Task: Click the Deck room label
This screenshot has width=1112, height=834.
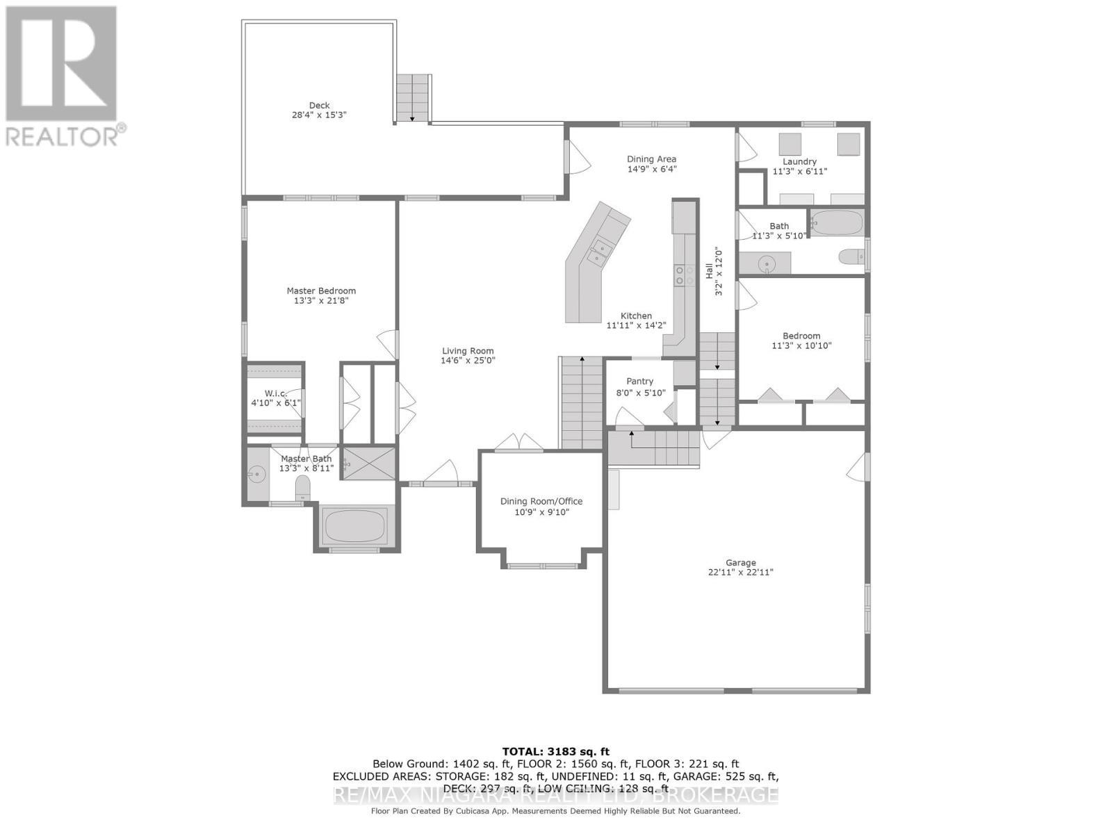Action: [319, 106]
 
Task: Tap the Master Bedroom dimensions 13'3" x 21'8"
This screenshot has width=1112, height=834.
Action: [321, 301]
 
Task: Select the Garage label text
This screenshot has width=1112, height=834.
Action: [740, 563]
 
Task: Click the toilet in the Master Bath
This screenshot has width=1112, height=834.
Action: [303, 488]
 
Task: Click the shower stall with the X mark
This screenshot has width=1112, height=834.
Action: [370, 464]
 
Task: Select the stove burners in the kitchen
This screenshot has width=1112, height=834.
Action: [685, 275]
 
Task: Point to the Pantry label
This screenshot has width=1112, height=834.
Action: [639, 381]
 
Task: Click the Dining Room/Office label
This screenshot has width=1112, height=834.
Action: [541, 501]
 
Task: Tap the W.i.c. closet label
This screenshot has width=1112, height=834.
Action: [275, 393]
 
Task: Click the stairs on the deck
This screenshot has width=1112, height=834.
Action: [414, 98]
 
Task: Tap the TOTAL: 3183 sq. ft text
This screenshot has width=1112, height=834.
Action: [555, 751]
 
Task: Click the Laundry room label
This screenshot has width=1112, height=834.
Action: [799, 161]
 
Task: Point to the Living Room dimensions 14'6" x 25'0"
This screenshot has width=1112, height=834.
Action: [468, 361]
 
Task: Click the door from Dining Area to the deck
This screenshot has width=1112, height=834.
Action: [577, 158]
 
